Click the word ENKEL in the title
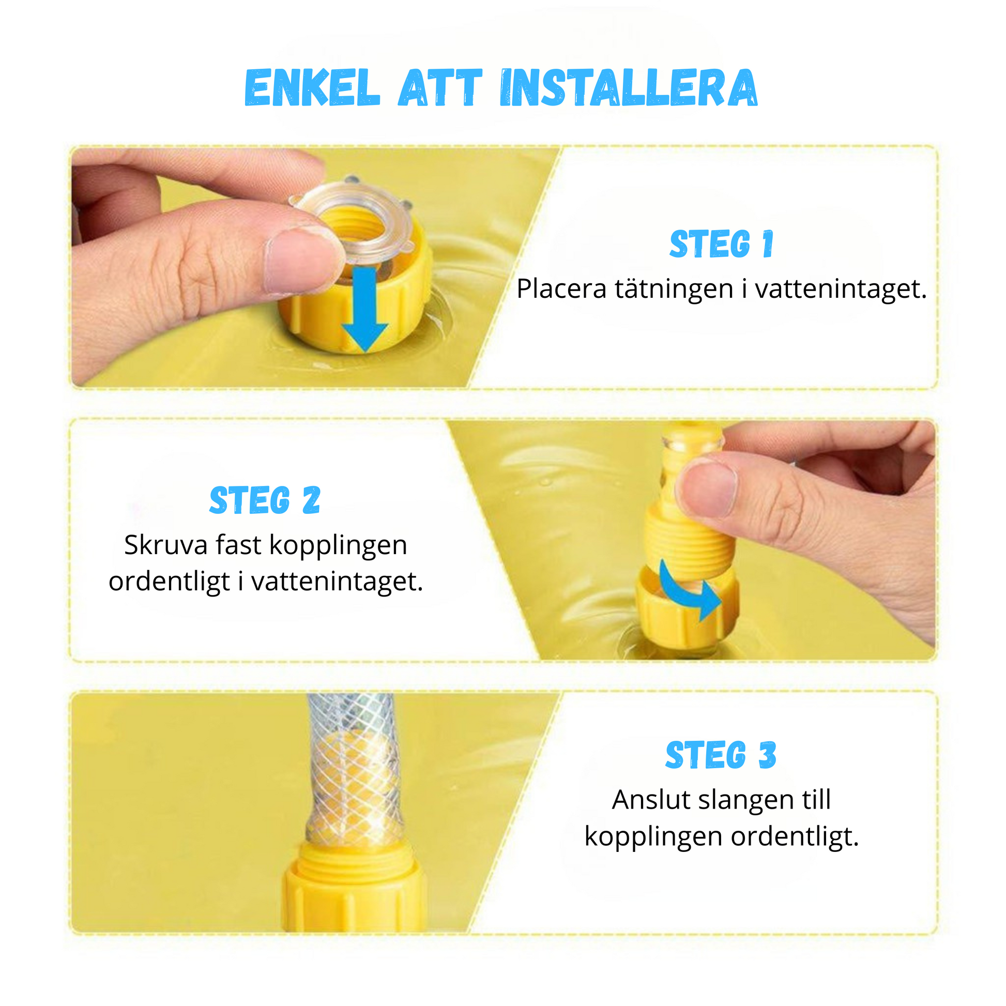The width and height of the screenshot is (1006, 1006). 312,87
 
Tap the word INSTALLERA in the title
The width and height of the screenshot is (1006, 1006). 629,87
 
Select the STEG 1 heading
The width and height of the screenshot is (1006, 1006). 722,243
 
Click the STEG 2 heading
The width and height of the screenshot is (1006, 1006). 265,500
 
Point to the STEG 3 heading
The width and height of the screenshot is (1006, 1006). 721,755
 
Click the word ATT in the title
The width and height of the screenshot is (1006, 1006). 440,87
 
